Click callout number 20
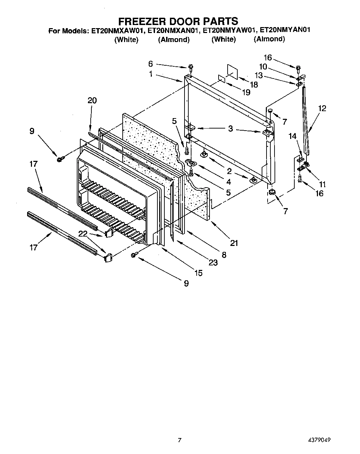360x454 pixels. [x=92, y=100]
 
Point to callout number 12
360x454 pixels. [x=322, y=108]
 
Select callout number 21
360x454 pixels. [x=234, y=243]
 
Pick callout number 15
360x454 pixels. [x=198, y=273]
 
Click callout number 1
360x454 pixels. [x=150, y=74]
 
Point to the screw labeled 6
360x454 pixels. [x=190, y=66]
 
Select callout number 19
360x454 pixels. [x=246, y=92]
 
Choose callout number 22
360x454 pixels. [x=83, y=234]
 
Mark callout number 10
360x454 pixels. [x=263, y=66]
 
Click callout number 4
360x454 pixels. [x=228, y=181]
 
